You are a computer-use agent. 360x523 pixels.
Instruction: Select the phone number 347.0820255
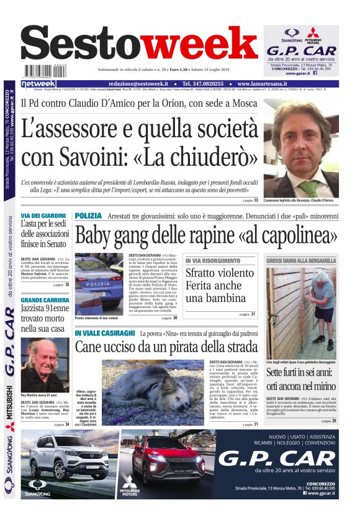pyautogui.click(x=205, y=83)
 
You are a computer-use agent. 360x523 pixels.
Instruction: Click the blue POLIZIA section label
pyautogui.click(x=88, y=216)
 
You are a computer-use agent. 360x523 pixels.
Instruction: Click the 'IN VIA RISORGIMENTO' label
pyautogui.click(x=212, y=261)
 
